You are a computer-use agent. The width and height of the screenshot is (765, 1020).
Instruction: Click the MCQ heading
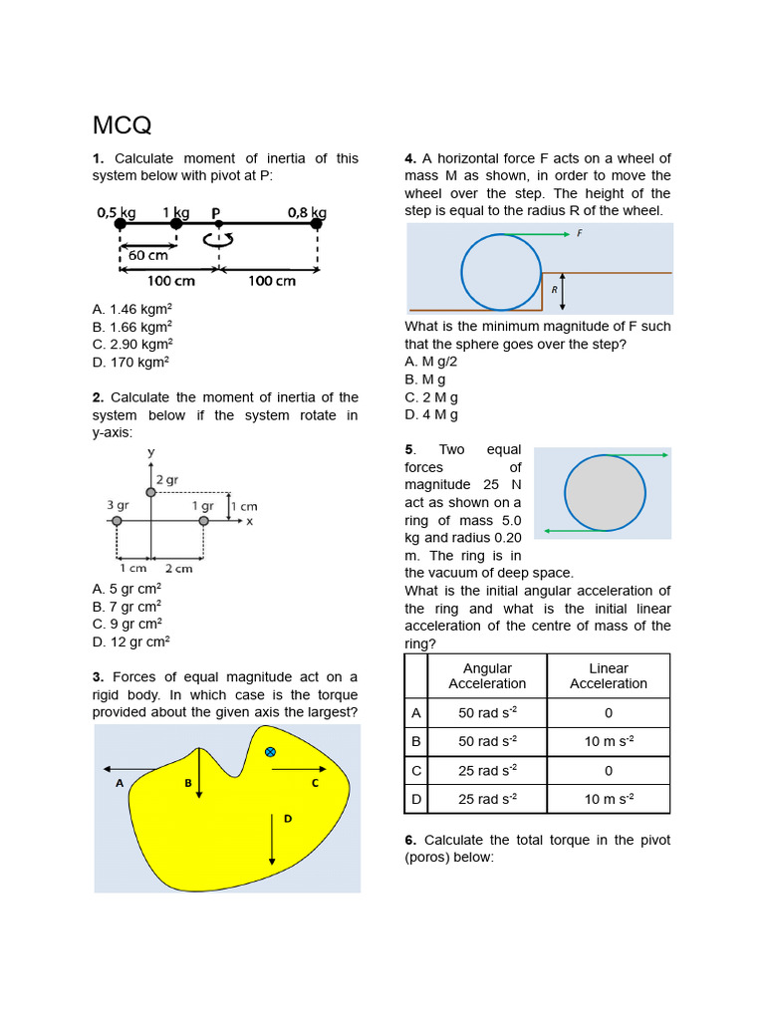click(x=122, y=126)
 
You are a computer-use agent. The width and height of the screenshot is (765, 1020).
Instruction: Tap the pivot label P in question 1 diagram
click(x=216, y=212)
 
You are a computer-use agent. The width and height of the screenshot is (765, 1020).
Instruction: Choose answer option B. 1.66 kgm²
click(x=131, y=327)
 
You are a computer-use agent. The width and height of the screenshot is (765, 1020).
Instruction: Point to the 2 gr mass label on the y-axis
click(x=166, y=479)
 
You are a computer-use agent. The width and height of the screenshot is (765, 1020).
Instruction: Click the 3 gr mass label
click(x=117, y=505)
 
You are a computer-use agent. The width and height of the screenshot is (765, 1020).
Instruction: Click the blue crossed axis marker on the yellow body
click(x=270, y=752)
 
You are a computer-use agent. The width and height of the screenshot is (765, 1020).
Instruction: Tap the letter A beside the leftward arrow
click(x=120, y=783)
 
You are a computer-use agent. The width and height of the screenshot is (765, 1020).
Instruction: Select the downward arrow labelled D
click(x=272, y=837)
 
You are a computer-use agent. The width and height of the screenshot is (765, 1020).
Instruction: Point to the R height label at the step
click(x=554, y=290)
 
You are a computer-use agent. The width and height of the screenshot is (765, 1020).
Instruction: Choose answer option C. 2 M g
click(x=431, y=397)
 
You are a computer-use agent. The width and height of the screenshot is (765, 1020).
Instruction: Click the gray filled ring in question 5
click(x=605, y=492)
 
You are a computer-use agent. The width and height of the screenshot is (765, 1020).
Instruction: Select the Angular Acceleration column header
click(x=487, y=676)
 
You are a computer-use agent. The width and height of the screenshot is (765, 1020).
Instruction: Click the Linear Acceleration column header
click(x=608, y=676)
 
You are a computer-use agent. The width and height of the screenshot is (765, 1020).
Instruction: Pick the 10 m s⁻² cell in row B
click(x=608, y=741)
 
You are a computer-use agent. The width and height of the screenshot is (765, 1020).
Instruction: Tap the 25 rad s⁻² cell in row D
click(x=487, y=799)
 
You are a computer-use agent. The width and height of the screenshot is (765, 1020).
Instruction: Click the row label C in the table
click(x=416, y=770)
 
